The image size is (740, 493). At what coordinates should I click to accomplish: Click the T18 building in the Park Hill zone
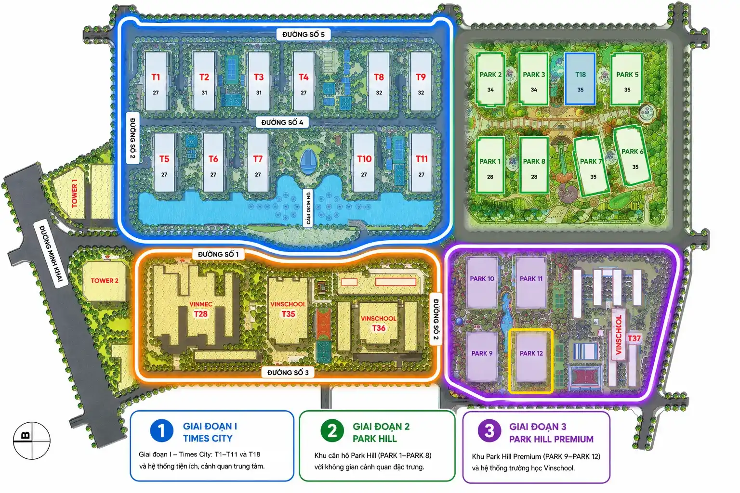click(580, 78)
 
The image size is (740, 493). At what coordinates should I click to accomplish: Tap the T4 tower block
click(304, 81)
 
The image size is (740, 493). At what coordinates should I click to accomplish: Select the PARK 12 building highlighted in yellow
click(531, 361)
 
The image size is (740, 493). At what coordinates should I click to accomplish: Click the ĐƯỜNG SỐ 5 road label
click(303, 34)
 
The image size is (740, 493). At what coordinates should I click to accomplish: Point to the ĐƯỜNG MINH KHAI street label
click(51, 253)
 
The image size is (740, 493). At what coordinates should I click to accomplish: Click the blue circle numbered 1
click(161, 430)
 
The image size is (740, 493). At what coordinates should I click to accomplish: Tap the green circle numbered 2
click(332, 430)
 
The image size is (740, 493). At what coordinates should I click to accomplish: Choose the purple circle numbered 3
click(489, 430)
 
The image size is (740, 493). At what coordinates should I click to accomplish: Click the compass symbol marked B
click(32, 441)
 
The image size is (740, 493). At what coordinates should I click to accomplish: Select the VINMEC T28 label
click(201, 309)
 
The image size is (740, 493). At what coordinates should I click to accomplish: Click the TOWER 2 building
click(105, 281)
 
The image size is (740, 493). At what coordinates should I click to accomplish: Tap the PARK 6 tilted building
click(632, 156)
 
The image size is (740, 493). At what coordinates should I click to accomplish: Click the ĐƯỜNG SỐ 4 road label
click(282, 122)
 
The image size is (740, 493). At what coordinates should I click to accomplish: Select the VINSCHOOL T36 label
click(379, 323)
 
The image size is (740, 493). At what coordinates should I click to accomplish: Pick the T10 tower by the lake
click(364, 162)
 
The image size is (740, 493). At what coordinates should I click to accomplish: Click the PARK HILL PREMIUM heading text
click(551, 439)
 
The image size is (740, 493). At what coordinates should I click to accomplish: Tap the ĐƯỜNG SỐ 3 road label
click(288, 373)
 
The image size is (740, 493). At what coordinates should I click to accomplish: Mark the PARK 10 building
click(482, 283)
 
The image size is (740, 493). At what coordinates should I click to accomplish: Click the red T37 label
click(634, 338)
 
